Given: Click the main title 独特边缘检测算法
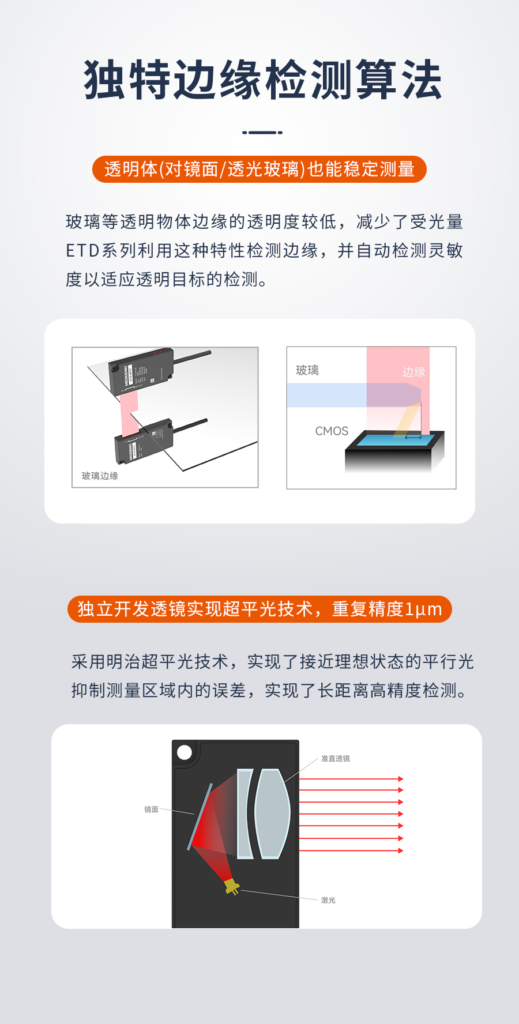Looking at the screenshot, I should click(262, 80).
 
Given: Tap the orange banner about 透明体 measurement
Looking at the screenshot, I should click(259, 169).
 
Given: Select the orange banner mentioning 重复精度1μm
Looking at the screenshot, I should click(259, 609).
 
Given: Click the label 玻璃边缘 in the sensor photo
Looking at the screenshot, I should click(100, 476).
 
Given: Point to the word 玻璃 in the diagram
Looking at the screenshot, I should click(307, 370).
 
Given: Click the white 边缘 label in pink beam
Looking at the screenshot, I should click(413, 372).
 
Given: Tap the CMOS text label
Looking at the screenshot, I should click(332, 431).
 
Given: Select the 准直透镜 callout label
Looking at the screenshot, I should click(335, 758).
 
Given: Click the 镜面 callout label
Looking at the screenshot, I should click(151, 810).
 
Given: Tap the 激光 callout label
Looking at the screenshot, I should click(328, 900).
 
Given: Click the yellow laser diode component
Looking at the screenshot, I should click(232, 887).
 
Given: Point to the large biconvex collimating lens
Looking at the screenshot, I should click(272, 814).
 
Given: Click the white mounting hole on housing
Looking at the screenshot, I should click(185, 752).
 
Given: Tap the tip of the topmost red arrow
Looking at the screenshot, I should click(401, 779).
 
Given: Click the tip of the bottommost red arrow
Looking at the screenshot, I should click(401, 850).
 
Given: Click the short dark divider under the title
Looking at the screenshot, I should click(262, 132).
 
